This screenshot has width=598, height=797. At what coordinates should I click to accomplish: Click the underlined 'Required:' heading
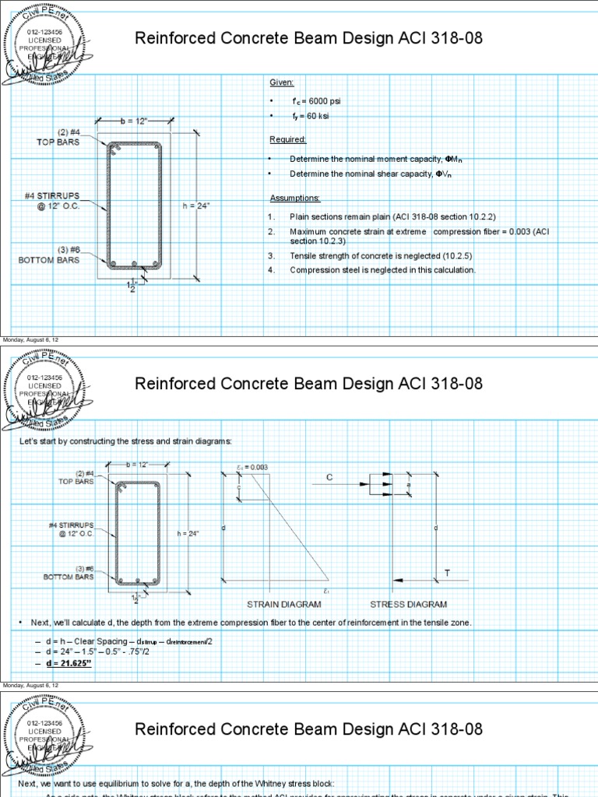287,139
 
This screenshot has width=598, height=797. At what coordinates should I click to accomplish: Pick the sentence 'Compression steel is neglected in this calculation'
382,270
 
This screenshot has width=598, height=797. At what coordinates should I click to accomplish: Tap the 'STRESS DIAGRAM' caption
408,604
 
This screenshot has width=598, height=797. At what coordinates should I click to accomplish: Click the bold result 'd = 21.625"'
69,662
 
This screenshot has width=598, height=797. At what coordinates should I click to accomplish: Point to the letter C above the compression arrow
329,477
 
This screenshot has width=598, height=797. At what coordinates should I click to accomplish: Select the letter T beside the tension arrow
447,573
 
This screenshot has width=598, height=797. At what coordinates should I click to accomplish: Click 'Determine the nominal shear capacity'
370,174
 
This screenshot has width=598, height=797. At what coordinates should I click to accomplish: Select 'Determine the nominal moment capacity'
371,159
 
